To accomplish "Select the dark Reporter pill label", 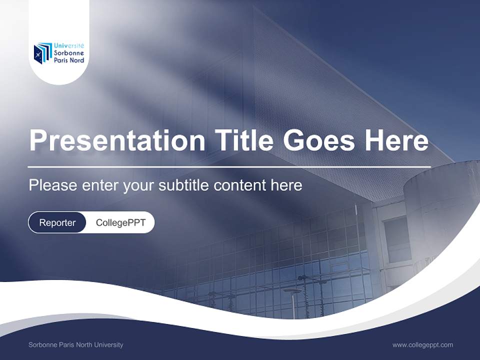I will pyautogui.click(x=57, y=222).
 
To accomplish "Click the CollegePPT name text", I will pyautogui.click(x=120, y=222).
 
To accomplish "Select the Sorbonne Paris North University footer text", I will pyautogui.click(x=75, y=344).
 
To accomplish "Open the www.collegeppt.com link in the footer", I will pyautogui.click(x=422, y=344).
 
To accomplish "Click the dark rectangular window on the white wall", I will pyautogui.click(x=397, y=238).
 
